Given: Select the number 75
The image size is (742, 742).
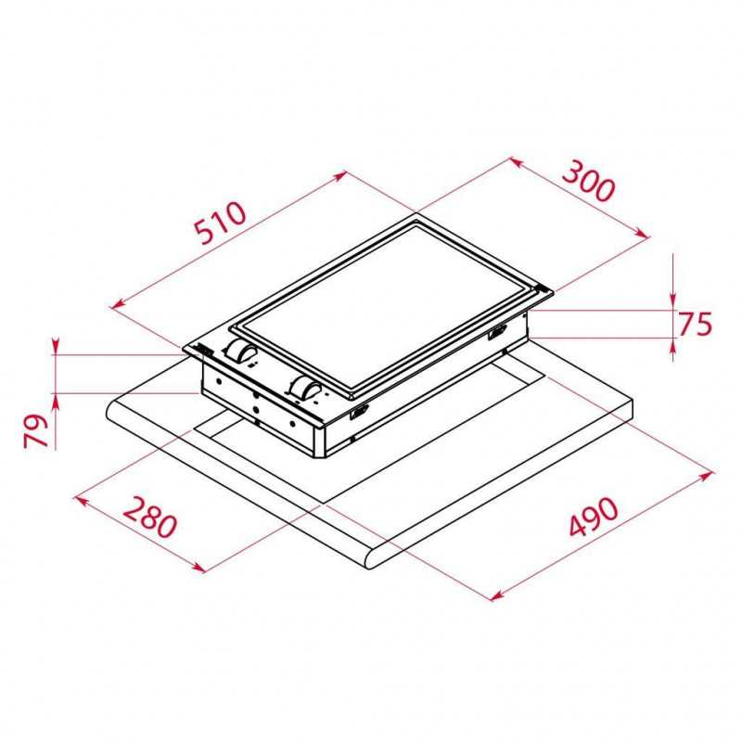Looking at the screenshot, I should (695, 325).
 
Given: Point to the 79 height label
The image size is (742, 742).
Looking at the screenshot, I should (36, 430).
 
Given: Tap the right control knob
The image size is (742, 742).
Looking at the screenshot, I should (305, 388).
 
